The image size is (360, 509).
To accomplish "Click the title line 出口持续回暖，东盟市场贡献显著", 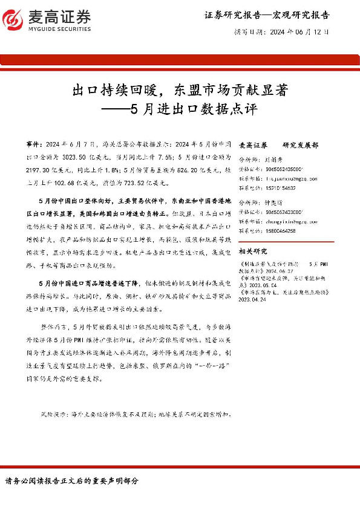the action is tap(179, 91).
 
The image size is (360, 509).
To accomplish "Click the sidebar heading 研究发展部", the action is tap(300, 146).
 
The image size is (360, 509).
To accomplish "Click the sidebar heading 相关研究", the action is tap(253, 250).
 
